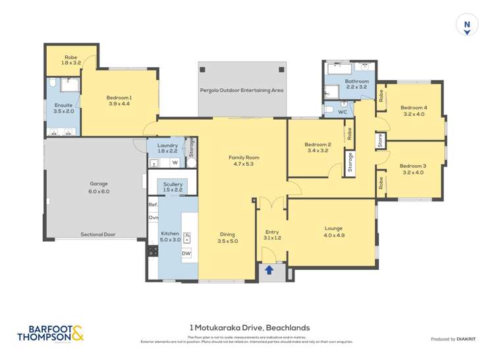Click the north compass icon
[467, 26]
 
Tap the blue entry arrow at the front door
[269, 269]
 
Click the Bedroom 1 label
[119, 98]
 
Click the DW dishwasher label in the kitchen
[186, 253]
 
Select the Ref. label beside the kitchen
[153, 205]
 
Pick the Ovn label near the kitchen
[153, 217]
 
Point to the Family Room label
[244, 157]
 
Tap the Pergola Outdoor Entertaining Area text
[242, 90]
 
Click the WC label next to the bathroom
[342, 113]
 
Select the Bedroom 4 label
[414, 107]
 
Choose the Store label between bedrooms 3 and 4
[380, 140]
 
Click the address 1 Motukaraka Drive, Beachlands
[249, 326]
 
